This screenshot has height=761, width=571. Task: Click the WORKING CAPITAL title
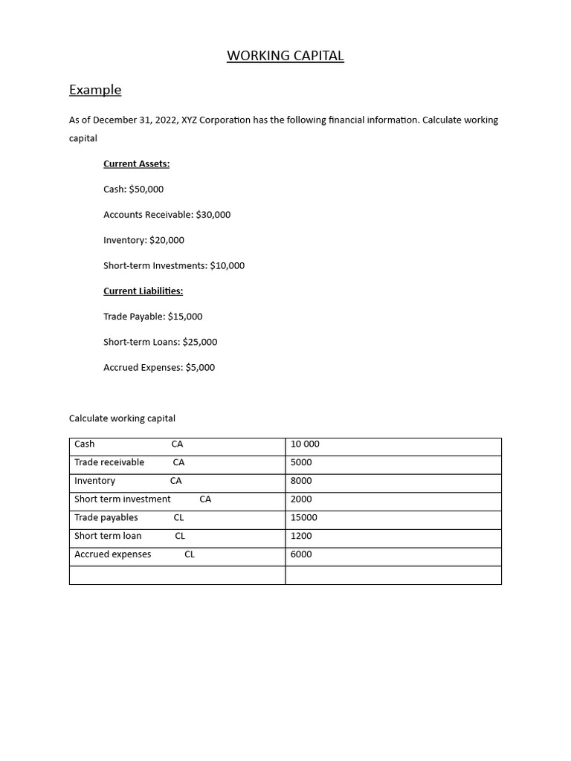pyautogui.click(x=285, y=56)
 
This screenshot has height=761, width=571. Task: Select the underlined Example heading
pyautogui.click(x=95, y=90)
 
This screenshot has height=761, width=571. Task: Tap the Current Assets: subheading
pyautogui.click(x=136, y=163)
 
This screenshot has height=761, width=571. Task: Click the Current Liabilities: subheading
pyautogui.click(x=143, y=291)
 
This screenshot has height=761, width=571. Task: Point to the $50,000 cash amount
pyautogui.click(x=146, y=190)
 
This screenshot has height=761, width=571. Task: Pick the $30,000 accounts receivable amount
pyautogui.click(x=213, y=215)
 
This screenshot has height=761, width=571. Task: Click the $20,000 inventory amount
pyautogui.click(x=167, y=240)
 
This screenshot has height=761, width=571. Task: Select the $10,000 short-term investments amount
pyautogui.click(x=228, y=265)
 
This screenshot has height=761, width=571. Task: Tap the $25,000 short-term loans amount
pyautogui.click(x=200, y=342)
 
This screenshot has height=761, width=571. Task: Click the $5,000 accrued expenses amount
pyautogui.click(x=200, y=367)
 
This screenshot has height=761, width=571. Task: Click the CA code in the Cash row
pyautogui.click(x=177, y=444)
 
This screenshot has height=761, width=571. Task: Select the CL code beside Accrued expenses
pyautogui.click(x=190, y=554)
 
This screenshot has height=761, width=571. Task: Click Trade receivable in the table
pyautogui.click(x=109, y=462)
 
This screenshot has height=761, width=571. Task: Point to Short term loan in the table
pyautogui.click(x=108, y=536)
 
